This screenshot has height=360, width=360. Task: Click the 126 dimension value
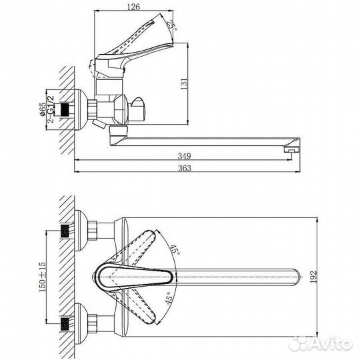133,6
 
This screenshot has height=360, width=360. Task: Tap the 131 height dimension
185,84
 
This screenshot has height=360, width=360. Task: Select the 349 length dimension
185,156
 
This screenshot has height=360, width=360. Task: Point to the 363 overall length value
185,168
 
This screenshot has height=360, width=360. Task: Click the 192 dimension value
313,277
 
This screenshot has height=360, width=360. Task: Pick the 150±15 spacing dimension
42,277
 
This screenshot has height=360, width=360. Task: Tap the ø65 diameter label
43,109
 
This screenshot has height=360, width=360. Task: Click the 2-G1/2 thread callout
51,109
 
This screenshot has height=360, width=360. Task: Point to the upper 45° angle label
175,249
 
